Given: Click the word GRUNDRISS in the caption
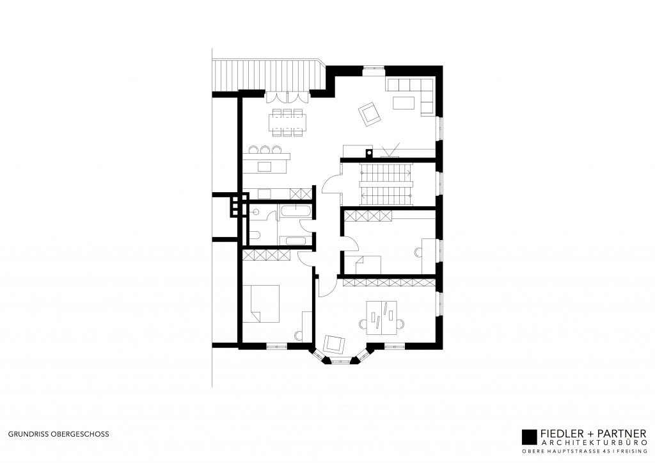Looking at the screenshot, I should tap(24, 434).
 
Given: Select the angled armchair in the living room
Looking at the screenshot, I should tap(370, 114).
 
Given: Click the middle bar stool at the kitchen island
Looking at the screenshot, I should tap(265, 150).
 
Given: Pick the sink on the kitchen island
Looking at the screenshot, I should tap(264, 167).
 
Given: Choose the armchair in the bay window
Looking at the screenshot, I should tap(334, 344).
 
